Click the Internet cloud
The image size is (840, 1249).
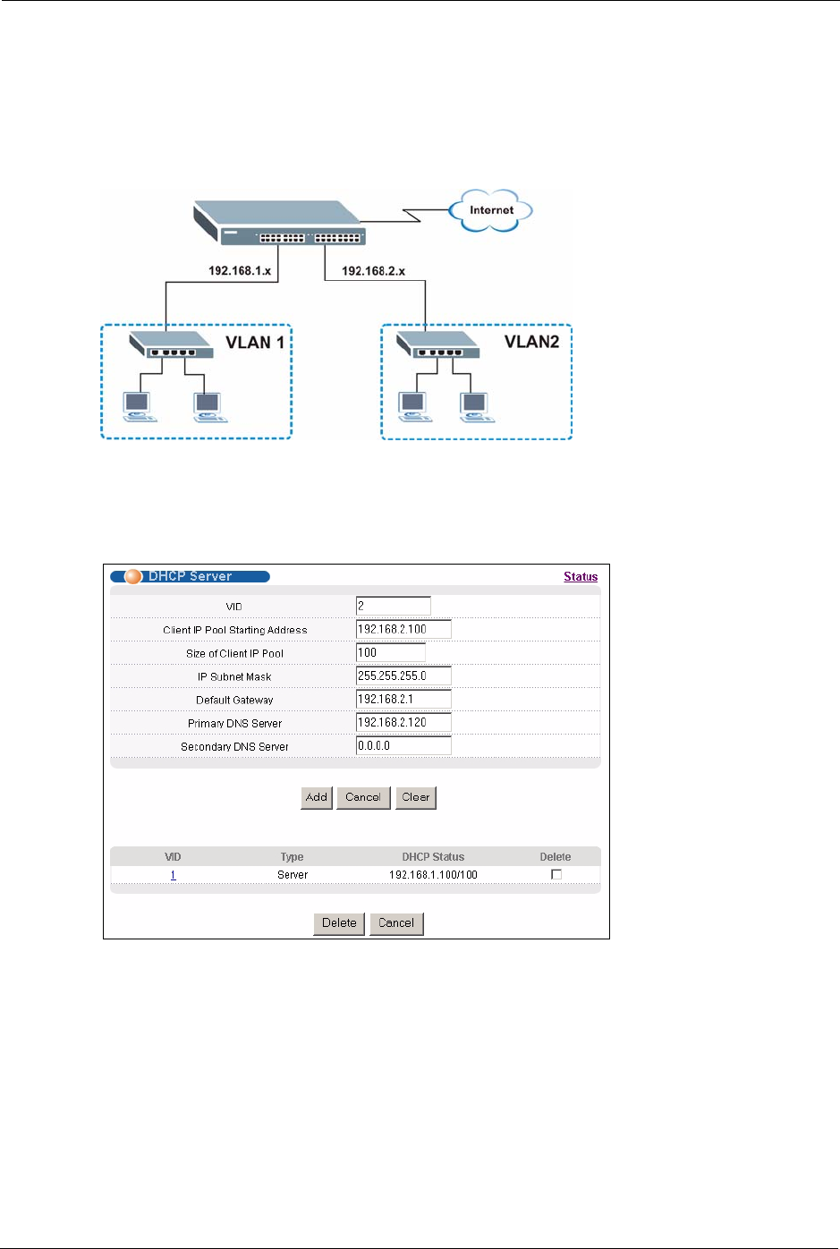[491, 211]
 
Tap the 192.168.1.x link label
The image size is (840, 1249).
[240, 270]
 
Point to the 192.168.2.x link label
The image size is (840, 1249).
[373, 270]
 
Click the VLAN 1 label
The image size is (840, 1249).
[255, 343]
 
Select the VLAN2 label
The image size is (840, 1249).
[531, 342]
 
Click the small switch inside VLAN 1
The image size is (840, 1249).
[171, 344]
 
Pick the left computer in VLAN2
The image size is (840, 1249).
[414, 406]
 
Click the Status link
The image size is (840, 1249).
[581, 577]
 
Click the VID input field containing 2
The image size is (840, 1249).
[393, 607]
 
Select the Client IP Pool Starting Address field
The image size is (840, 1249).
[403, 630]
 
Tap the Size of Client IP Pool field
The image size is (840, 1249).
[390, 653]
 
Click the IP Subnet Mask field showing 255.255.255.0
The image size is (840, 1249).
[403, 676]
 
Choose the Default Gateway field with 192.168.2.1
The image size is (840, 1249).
[403, 700]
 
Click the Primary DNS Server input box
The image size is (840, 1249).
[403, 723]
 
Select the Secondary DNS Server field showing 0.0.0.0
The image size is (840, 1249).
[403, 746]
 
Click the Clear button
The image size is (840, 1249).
[416, 797]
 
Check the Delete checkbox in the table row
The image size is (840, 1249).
[556, 875]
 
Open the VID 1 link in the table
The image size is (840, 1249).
[173, 875]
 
